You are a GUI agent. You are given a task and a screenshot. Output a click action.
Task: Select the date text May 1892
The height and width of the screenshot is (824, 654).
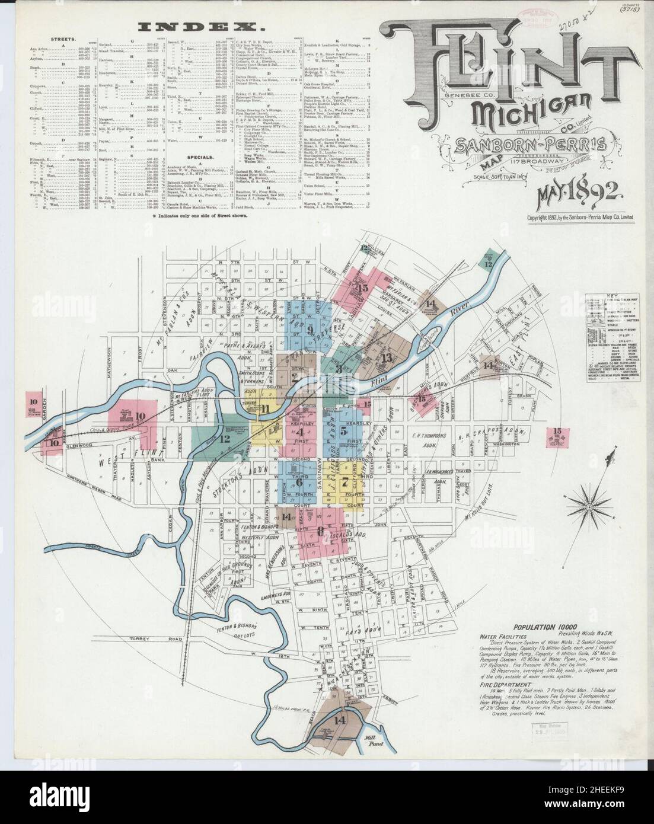coord(578,193)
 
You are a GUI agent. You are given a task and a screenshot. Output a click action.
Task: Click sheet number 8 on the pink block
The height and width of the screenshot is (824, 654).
coord(320,531)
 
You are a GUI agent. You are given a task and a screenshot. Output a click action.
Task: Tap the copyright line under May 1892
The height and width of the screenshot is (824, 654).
coord(580,217)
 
